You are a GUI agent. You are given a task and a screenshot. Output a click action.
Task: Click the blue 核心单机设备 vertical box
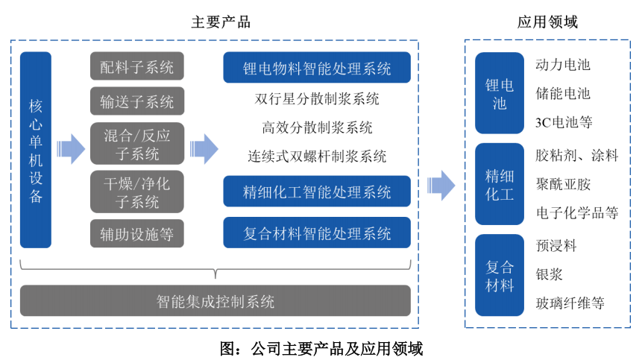pyautogui.click(x=36, y=150)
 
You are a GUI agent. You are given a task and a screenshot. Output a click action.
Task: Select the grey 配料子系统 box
pyautogui.click(x=136, y=66)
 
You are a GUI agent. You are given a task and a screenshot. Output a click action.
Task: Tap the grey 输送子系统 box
pyautogui.click(x=136, y=101)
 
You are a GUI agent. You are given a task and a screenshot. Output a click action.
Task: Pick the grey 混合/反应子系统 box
pyautogui.click(x=136, y=144)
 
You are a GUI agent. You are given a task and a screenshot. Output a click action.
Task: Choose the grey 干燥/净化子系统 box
pyautogui.click(x=136, y=192)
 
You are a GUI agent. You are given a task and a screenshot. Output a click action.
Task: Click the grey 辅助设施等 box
pyautogui.click(x=136, y=234)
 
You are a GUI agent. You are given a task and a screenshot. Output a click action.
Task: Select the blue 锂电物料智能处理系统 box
pyautogui.click(x=317, y=68)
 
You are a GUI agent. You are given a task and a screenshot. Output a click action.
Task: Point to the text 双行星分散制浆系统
pyautogui.click(x=317, y=98)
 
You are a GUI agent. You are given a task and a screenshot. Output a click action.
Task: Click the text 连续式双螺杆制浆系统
pyautogui.click(x=317, y=157)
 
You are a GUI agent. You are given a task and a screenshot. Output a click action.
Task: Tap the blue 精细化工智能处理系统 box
pyautogui.click(x=317, y=192)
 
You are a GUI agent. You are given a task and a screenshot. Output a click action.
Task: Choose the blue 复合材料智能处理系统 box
pyautogui.click(x=317, y=233)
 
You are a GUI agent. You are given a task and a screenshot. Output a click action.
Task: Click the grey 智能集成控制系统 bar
pyautogui.click(x=215, y=301)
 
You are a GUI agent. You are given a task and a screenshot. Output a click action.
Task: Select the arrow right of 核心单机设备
pyautogui.click(x=72, y=149)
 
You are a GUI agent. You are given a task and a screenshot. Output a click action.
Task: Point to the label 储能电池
pyautogui.click(x=563, y=94)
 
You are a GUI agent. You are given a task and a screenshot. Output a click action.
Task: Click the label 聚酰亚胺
pyautogui.click(x=563, y=184)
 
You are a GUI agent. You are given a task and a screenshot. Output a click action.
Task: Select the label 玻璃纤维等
pyautogui.click(x=570, y=303)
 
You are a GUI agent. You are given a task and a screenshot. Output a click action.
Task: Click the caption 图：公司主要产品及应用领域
pyautogui.click(x=321, y=348)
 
